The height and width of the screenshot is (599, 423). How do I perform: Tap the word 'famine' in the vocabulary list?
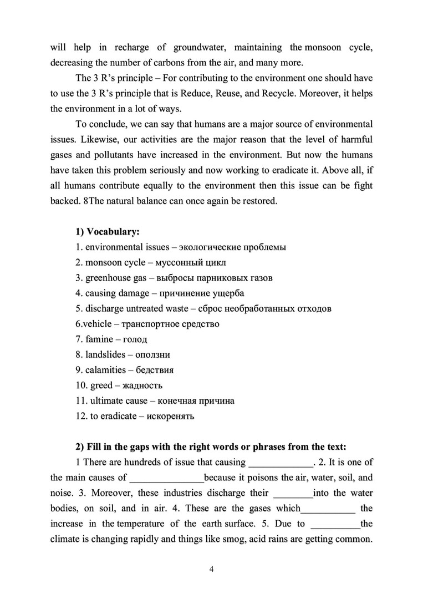coord(100,339)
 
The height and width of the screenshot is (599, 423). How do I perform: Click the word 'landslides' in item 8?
coord(105,354)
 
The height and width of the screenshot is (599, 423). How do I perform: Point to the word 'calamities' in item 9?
coord(105,370)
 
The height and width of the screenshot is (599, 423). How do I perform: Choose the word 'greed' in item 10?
coord(101,385)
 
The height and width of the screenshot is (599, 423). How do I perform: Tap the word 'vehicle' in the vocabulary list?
coord(97,323)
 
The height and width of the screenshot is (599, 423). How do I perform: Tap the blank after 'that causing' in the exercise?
coord(282,462)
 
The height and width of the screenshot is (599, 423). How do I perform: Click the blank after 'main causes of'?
coord(166,477)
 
